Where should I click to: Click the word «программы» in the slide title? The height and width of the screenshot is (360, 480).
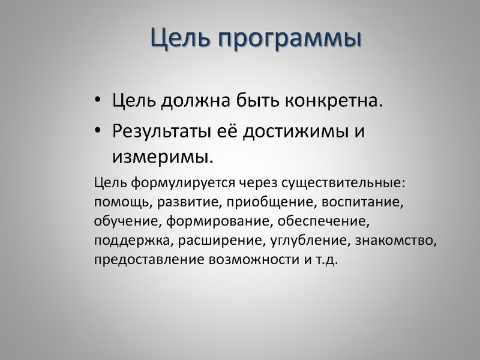289,39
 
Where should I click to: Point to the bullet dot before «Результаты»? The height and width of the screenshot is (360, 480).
98,132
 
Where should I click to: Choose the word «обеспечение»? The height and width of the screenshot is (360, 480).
323,223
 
